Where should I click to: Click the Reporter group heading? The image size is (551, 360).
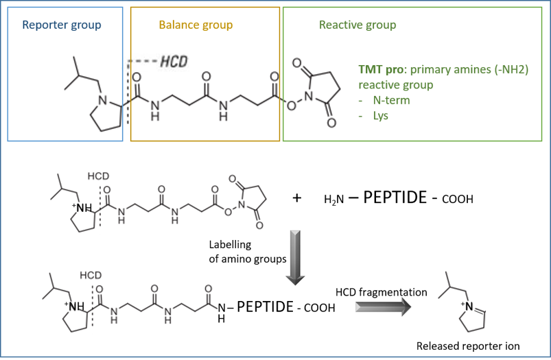(62, 25)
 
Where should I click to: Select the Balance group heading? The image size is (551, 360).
(196, 25)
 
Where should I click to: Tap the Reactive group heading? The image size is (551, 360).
(357, 25)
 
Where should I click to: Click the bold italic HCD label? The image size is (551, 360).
(174, 62)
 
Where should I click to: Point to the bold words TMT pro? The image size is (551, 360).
(381, 69)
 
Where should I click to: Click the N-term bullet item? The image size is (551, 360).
(391, 100)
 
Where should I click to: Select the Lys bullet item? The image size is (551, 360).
(381, 117)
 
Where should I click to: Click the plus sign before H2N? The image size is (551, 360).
(297, 198)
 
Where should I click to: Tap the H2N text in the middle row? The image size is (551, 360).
(334, 200)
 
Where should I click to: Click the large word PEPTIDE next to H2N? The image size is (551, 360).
(395, 197)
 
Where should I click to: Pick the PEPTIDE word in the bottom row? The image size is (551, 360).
(265, 307)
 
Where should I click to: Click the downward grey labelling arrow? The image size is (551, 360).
(295, 257)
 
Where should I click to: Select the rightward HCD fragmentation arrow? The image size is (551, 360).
(383, 307)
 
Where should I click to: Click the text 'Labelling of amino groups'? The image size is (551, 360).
(248, 252)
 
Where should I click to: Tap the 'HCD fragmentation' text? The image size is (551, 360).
(382, 292)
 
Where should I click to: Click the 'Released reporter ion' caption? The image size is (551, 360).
(468, 346)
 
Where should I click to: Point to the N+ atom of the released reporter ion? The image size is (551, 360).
(469, 307)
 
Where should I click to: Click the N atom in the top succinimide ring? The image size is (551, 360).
(309, 96)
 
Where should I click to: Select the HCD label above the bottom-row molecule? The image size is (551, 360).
(91, 275)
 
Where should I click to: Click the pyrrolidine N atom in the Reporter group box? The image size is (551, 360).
(103, 100)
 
